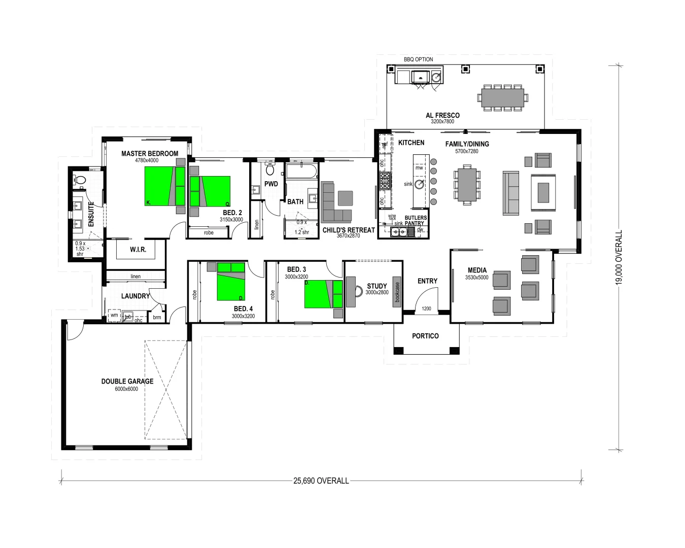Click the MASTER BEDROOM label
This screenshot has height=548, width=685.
click(150, 153)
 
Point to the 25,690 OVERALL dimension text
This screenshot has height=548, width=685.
click(321, 481)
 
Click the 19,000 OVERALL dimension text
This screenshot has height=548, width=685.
click(619, 259)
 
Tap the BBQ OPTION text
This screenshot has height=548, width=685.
click(418, 59)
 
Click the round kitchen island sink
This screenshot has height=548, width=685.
click(420, 184)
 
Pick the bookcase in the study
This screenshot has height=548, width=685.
click(397, 292)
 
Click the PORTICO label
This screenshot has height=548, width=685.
click(425, 336)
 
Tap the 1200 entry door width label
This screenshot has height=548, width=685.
click(426, 309)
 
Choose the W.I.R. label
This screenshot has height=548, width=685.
click(138, 250)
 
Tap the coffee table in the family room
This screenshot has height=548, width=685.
click(543, 192)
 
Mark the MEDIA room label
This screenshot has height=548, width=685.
click(477, 270)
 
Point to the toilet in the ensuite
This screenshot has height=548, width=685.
click(80, 179)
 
